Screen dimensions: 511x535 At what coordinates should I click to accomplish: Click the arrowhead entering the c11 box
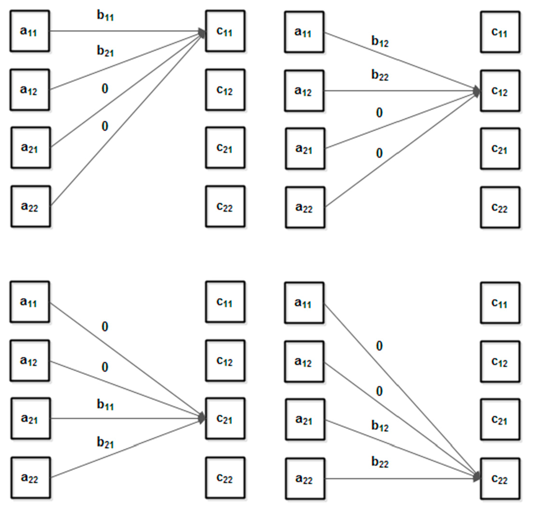click(x=201, y=33)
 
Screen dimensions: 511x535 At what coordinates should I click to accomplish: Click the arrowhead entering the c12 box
click(x=476, y=91)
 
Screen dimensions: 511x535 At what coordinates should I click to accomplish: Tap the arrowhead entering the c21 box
click(x=201, y=418)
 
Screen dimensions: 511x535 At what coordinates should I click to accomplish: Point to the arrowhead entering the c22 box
click(x=476, y=477)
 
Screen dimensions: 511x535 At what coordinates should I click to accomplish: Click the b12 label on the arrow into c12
click(x=380, y=42)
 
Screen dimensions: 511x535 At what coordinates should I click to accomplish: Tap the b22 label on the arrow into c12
click(x=380, y=76)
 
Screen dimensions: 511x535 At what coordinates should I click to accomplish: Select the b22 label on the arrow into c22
click(x=380, y=463)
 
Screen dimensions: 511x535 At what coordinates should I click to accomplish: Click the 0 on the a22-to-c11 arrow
click(x=105, y=126)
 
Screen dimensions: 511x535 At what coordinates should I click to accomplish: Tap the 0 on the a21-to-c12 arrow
click(x=380, y=114)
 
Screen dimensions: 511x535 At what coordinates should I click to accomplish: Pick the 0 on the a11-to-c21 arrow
click(x=105, y=327)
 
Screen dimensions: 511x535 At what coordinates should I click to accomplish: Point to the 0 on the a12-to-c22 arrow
click(x=380, y=392)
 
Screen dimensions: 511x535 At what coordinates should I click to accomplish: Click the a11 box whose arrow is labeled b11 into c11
click(x=30, y=32)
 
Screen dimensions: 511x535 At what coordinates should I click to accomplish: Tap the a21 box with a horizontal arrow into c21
click(x=30, y=419)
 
